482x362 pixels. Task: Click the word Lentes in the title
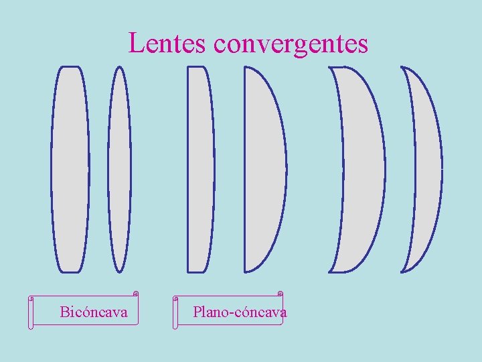click(x=168, y=43)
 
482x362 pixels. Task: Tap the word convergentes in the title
click(x=291, y=44)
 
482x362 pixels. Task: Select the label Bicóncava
click(x=93, y=312)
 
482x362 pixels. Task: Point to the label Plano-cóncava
click(x=239, y=312)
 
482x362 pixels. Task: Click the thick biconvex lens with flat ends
click(x=70, y=169)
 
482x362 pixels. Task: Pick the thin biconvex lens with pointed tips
click(x=119, y=169)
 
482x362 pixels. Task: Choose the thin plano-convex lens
click(x=200, y=169)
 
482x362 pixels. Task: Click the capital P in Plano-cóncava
click(x=197, y=312)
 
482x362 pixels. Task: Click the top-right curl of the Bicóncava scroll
click(x=135, y=293)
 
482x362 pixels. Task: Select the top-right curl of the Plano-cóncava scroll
click(x=280, y=293)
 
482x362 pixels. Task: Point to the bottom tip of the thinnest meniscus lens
click(x=402, y=271)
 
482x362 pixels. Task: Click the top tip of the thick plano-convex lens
click(x=246, y=67)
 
